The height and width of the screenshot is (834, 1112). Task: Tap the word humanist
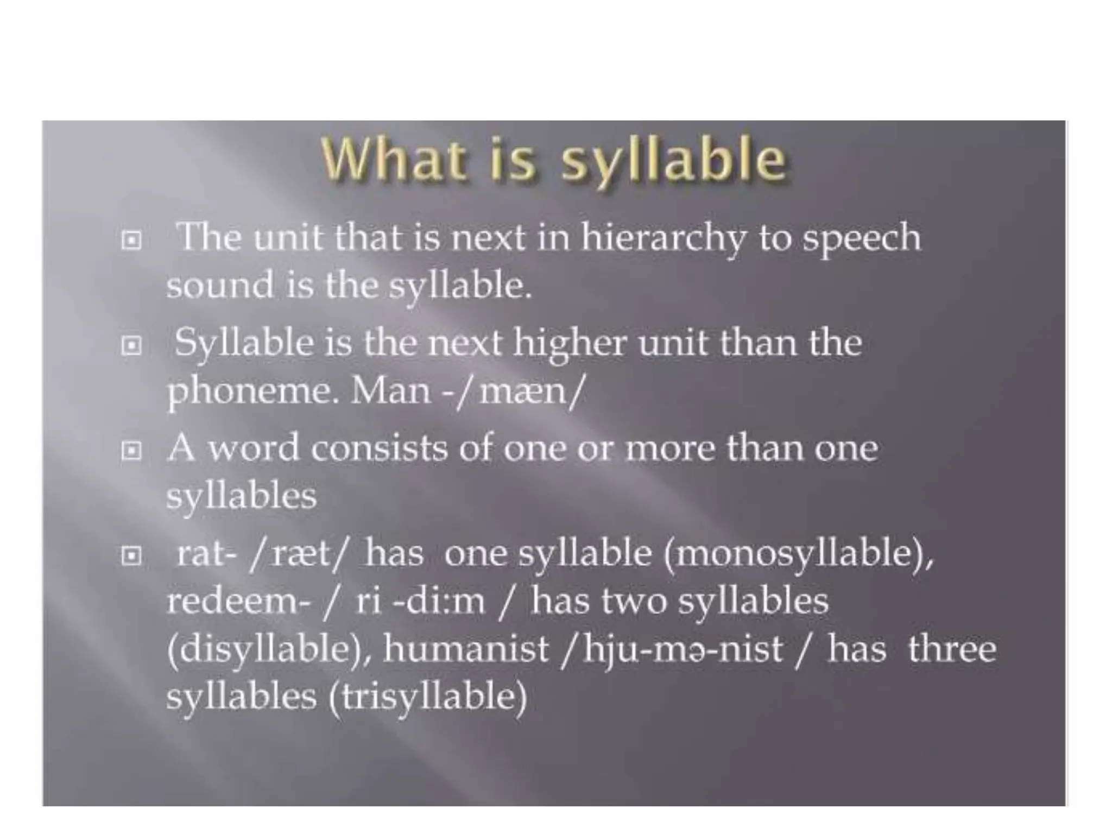[x=466, y=649]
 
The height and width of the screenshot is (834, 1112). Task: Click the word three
[x=952, y=649]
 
